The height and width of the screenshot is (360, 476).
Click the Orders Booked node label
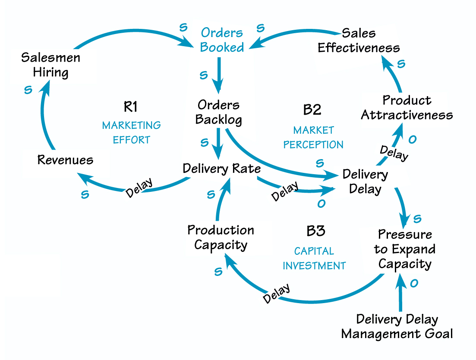pyautogui.click(x=222, y=40)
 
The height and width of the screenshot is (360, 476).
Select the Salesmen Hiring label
pyautogui.click(x=50, y=65)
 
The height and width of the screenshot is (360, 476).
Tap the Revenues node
pyautogui.click(x=65, y=160)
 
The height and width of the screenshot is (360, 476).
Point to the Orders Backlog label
pyautogui.click(x=218, y=112)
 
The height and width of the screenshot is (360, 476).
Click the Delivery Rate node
pyautogui.click(x=221, y=168)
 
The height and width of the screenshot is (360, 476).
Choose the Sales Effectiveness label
pyautogui.click(x=359, y=40)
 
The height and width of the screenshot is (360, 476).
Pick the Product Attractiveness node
pyautogui.click(x=407, y=108)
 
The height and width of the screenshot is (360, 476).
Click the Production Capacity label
pyautogui.click(x=221, y=237)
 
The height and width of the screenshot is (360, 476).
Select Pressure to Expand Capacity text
pyautogui.click(x=404, y=249)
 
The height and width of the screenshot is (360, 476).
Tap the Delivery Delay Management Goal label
pyautogui.click(x=397, y=326)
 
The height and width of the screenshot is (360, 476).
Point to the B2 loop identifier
pyautogui.click(x=312, y=110)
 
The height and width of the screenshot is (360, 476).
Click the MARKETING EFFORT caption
pyautogui.click(x=131, y=132)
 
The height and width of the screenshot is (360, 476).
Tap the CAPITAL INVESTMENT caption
pyautogui.click(x=314, y=258)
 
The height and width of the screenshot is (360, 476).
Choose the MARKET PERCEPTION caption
pyautogui.click(x=313, y=137)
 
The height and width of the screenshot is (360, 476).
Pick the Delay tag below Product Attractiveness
pyautogui.click(x=394, y=153)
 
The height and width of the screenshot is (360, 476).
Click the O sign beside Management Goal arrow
pyautogui.click(x=413, y=283)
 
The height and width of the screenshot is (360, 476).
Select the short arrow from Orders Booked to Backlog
pyautogui.click(x=220, y=74)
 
